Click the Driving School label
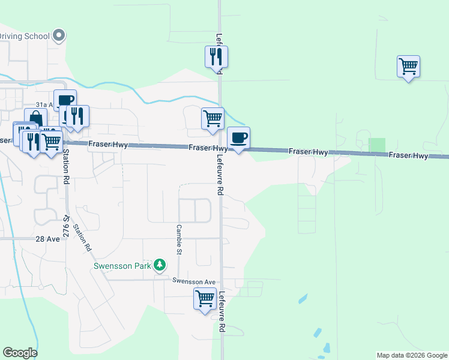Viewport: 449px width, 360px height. point(23,36)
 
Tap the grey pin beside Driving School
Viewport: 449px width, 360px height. point(59,36)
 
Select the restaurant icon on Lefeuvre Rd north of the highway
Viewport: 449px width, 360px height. point(217,57)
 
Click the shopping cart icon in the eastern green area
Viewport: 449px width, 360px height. point(408,66)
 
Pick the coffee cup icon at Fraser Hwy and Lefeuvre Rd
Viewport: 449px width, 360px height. point(238,137)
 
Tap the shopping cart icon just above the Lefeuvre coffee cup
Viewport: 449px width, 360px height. point(212,118)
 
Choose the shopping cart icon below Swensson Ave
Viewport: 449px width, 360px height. point(205,298)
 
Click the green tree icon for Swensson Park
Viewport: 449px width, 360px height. point(159,265)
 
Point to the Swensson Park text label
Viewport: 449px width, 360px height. point(122,265)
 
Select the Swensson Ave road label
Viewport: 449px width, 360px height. point(193,281)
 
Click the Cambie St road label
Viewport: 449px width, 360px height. point(179,239)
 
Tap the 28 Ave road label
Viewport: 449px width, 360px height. point(48,239)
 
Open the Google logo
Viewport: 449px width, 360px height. point(20,353)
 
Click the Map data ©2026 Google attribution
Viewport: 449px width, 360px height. point(412,355)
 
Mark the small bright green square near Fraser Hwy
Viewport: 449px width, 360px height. point(376,145)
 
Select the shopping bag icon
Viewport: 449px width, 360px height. point(35,118)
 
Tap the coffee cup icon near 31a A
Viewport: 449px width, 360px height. point(65,100)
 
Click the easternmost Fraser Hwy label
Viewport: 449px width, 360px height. point(408,155)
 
